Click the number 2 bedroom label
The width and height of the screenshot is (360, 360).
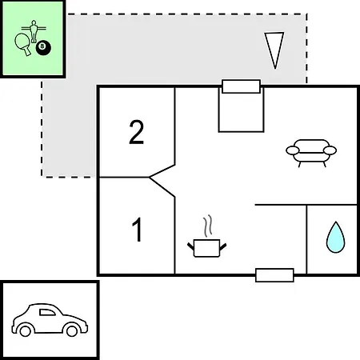pos(136,132)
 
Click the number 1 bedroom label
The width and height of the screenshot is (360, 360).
pos(138,230)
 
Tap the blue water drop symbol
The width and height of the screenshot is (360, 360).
pos(335,237)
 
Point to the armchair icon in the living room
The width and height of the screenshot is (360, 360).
pos(311,153)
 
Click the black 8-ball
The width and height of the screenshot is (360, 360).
pos(43,48)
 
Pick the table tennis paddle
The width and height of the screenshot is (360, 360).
pos(23,44)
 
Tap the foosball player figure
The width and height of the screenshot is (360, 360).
pos(34,31)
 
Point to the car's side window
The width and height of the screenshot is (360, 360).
pos(47,312)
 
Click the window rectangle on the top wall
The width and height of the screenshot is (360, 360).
pos(241,86)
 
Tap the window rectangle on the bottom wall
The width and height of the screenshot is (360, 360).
pos(274,275)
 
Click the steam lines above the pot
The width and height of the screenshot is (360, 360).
pos(208,226)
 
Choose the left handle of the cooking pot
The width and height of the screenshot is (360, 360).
pos(191,246)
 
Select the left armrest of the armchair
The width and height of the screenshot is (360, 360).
pos(293,150)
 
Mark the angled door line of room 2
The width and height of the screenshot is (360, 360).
pos(162,171)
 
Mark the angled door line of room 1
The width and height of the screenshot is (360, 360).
pos(162,187)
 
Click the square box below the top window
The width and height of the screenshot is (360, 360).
pos(241,112)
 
